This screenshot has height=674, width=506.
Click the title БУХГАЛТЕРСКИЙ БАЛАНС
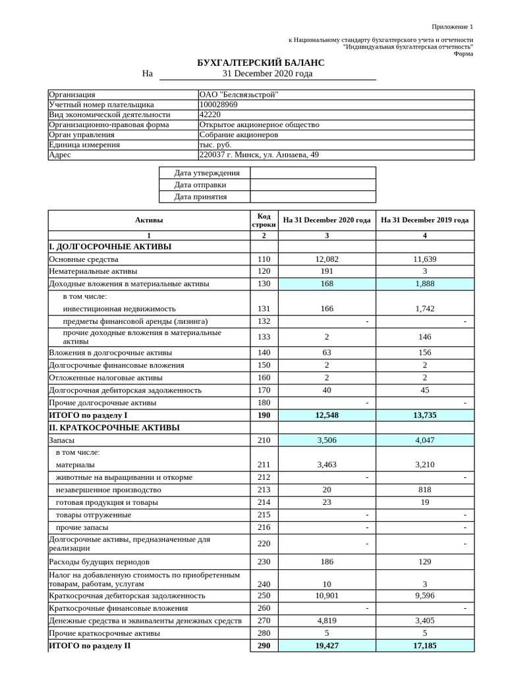pos(261,63)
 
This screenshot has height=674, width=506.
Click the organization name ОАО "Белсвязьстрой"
pos(239,95)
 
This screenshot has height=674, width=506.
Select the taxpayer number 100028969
pos(218,105)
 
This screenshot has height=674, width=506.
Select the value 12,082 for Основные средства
pos(327,259)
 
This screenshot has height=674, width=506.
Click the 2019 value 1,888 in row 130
pos(424,284)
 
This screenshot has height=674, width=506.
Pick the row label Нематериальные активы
pos(93,271)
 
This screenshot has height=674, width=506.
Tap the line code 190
pos(264,415)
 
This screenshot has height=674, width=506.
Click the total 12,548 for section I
pos(327,415)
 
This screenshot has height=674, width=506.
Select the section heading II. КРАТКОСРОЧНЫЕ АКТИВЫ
pos(114,428)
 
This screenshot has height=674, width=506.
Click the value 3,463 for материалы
pos(327,465)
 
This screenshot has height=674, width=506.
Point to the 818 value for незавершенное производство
pos(424,490)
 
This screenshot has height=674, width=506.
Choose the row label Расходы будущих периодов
pos(99,562)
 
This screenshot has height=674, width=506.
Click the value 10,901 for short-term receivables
pos(327,596)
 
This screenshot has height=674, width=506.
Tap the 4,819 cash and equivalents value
pos(327,621)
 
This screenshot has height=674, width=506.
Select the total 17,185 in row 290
pos(424,646)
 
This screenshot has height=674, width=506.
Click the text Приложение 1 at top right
pos(452,27)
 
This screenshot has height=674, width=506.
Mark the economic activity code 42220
pos(210,115)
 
